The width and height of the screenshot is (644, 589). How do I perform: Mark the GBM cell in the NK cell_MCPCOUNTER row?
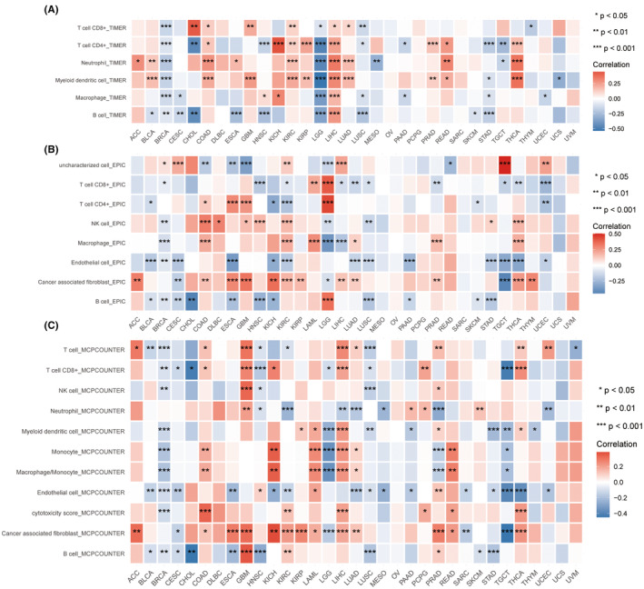247,388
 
